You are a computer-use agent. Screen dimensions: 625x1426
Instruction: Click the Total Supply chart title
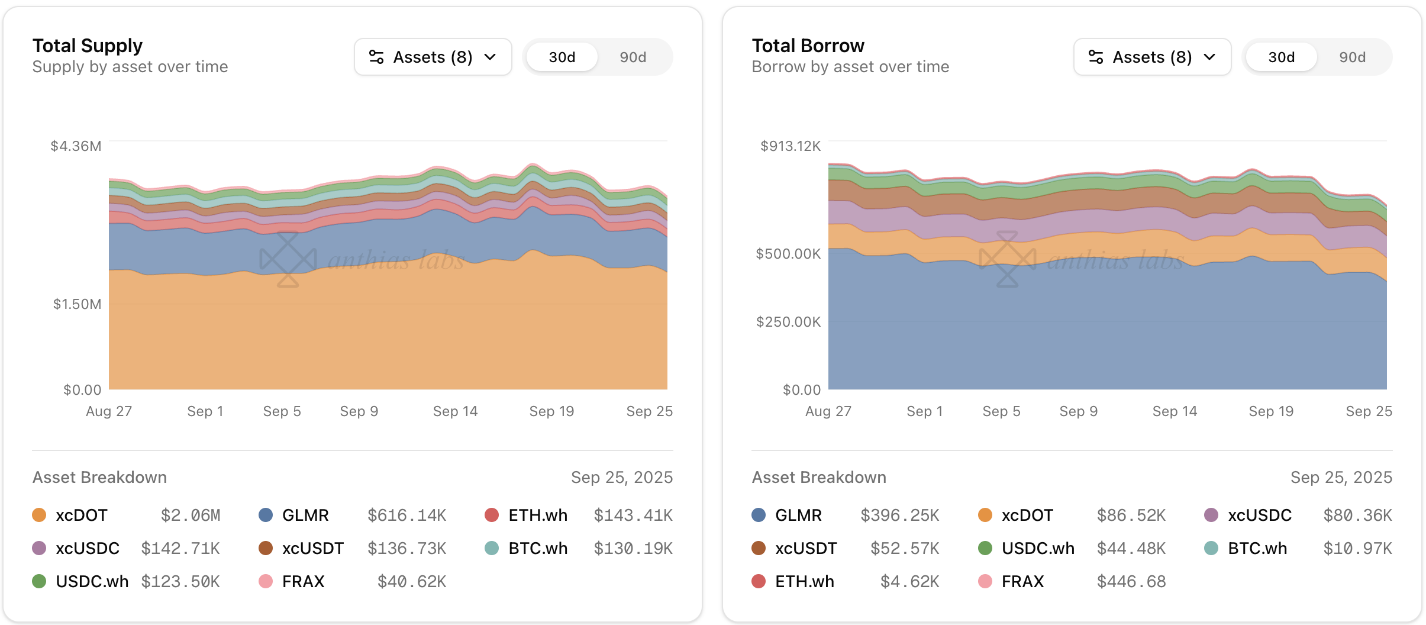click(88, 46)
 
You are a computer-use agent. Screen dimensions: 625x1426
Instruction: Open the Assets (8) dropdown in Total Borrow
click(1151, 57)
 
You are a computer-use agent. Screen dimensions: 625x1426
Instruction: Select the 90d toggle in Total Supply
click(633, 57)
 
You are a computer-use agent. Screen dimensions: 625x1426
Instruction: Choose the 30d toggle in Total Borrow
click(1281, 57)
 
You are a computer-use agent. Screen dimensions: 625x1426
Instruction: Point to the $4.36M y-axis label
click(76, 146)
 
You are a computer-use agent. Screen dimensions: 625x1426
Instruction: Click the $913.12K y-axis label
click(790, 146)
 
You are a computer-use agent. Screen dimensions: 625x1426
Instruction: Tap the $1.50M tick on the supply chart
click(77, 304)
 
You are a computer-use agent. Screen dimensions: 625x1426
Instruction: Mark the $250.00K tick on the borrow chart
click(788, 322)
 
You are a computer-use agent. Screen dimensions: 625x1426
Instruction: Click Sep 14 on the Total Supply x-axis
click(455, 411)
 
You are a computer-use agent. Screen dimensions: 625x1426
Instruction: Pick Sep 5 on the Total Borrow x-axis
click(1001, 411)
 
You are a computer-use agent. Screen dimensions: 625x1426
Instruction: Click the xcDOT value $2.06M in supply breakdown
click(191, 516)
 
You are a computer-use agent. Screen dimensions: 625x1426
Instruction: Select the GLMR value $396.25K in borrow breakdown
click(899, 516)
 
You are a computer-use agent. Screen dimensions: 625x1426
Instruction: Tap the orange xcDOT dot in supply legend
click(39, 515)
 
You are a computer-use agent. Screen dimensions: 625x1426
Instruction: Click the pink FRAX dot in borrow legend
click(985, 581)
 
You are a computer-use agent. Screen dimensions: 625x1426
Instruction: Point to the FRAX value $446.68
click(1131, 582)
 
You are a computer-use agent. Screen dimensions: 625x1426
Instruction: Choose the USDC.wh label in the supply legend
click(92, 582)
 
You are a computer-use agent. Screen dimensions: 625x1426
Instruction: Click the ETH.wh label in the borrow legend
click(804, 582)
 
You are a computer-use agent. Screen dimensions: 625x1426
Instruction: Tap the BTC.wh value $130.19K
click(633, 549)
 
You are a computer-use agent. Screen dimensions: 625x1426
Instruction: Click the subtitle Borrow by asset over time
click(850, 67)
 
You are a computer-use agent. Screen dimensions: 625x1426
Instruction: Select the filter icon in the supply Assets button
click(376, 57)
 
